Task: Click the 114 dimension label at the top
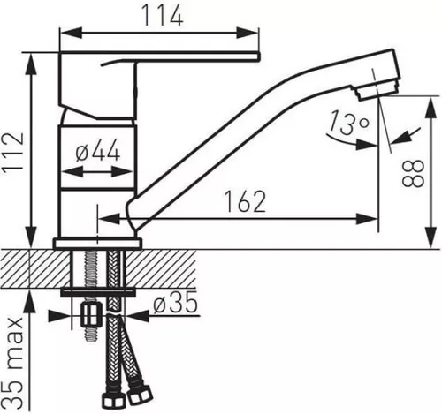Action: click(x=163, y=16)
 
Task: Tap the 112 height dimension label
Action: click(x=12, y=151)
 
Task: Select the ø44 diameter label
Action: click(x=97, y=150)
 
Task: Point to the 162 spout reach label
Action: click(x=245, y=201)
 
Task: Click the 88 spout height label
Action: click(x=413, y=173)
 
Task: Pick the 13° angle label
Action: click(x=348, y=122)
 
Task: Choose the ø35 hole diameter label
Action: click(x=175, y=303)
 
